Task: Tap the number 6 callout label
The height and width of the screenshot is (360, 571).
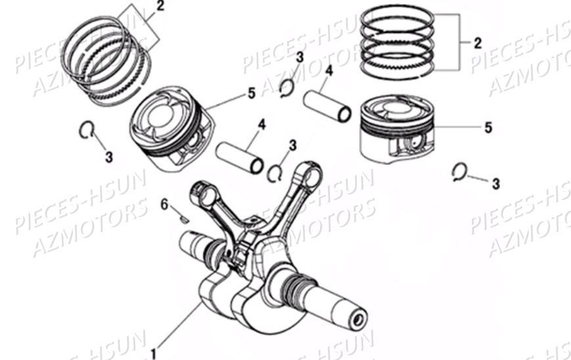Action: pyautogui.click(x=164, y=204)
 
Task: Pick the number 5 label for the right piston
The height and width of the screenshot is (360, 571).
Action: pyautogui.click(x=488, y=127)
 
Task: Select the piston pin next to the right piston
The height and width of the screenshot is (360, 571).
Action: pyautogui.click(x=327, y=106)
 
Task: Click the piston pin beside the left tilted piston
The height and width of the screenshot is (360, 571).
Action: pyautogui.click(x=240, y=156)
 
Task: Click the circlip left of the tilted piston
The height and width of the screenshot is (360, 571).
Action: pyautogui.click(x=85, y=130)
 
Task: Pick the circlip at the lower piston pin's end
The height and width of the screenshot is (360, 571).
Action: pyautogui.click(x=275, y=172)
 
